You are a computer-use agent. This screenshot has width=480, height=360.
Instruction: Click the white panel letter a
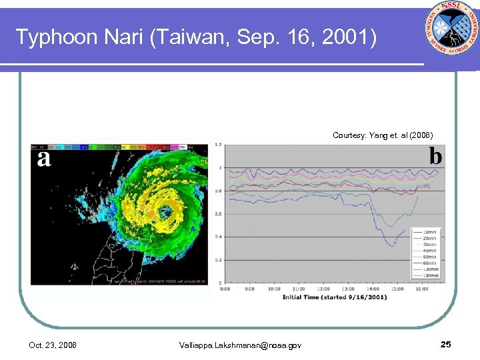45,158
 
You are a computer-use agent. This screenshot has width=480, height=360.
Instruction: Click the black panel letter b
435,156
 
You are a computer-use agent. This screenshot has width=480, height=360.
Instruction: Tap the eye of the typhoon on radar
165,213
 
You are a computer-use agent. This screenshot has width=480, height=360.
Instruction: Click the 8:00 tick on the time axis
225,289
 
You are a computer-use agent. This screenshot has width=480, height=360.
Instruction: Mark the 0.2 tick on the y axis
219,260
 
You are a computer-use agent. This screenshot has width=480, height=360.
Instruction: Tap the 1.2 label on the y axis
219,144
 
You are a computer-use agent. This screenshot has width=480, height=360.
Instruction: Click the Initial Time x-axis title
335,297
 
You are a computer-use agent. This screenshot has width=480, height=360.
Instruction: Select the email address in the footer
240,345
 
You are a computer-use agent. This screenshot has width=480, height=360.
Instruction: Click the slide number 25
446,344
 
